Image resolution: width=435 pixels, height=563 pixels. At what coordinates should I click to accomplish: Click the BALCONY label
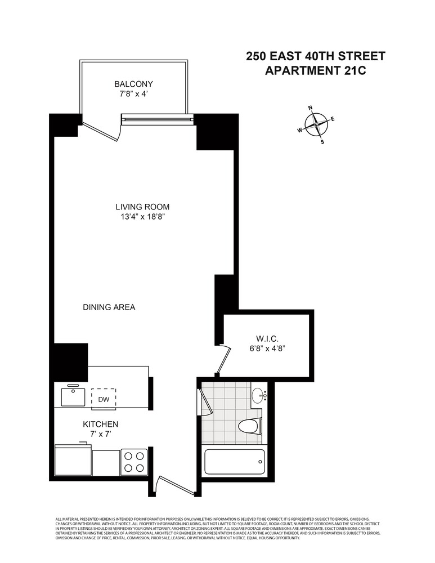pyautogui.click(x=133, y=84)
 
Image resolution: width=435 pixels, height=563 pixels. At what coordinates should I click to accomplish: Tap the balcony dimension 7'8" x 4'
pyautogui.click(x=133, y=95)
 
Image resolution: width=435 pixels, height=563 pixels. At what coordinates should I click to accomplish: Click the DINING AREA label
pyautogui.click(x=109, y=307)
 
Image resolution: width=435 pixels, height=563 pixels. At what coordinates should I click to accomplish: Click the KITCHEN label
pyautogui.click(x=100, y=424)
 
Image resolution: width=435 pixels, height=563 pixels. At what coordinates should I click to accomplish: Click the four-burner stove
pyautogui.click(x=134, y=461)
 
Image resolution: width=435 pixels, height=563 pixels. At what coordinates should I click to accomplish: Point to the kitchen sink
pyautogui.click(x=74, y=396)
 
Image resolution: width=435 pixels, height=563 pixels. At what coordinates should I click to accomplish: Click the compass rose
pyautogui.click(x=317, y=124)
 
